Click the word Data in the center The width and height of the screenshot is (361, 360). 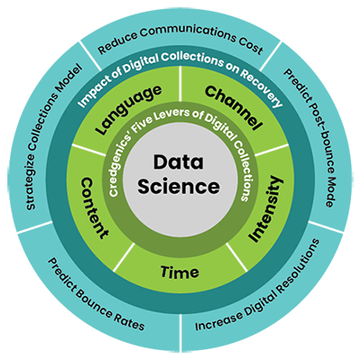(x=180, y=165)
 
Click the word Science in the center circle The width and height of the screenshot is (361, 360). (x=180, y=188)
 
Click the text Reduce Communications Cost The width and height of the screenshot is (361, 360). (x=180, y=42)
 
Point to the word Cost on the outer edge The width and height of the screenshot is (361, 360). (x=249, y=43)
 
